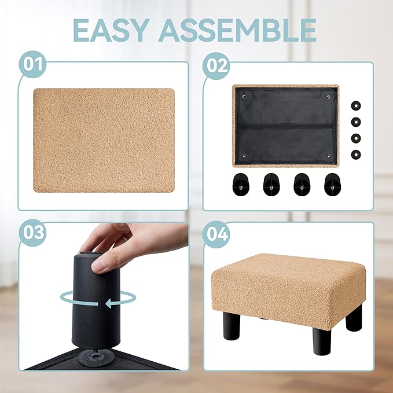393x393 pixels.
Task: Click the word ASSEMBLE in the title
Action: tap(237, 30)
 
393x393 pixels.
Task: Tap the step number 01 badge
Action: tap(32, 64)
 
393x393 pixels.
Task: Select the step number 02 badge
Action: tap(216, 65)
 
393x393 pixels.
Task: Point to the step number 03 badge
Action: tap(32, 233)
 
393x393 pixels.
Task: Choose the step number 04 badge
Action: tap(216, 234)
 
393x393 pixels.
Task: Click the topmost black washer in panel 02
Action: tap(356, 105)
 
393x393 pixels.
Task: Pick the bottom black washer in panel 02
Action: tap(356, 155)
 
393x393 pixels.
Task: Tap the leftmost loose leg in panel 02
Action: tap(240, 185)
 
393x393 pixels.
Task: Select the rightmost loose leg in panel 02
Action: tap(332, 185)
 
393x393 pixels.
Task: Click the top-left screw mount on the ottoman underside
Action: tap(244, 96)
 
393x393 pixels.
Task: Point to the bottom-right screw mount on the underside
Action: tap(328, 156)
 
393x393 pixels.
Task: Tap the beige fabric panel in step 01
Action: tap(104, 140)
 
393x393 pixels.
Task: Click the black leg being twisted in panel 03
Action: tap(97, 301)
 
